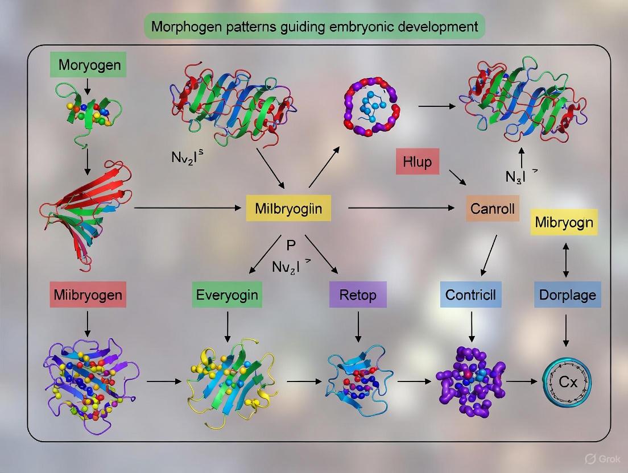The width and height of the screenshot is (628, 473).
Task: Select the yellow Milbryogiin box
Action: pyautogui.click(x=288, y=209)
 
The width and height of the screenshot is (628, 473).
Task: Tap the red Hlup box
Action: pyautogui.click(x=418, y=162)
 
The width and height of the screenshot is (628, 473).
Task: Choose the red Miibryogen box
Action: pyautogui.click(x=88, y=294)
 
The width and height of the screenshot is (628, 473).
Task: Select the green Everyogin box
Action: pyautogui.click(x=227, y=294)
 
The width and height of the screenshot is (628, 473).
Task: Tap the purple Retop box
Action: pyautogui.click(x=358, y=295)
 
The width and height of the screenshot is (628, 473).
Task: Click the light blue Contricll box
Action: pyautogui.click(x=471, y=294)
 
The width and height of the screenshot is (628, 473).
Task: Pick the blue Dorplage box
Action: pyautogui.click(x=567, y=294)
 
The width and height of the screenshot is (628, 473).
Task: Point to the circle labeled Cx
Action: pyautogui.click(x=568, y=382)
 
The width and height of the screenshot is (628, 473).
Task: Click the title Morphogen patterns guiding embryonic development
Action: pyautogui.click(x=314, y=27)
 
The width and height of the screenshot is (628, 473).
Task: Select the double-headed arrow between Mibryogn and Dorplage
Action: pyautogui.click(x=566, y=259)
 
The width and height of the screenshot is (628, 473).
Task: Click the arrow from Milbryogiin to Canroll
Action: pyautogui.click(x=404, y=209)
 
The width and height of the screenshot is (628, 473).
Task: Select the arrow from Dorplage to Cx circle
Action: pyautogui.click(x=566, y=330)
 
